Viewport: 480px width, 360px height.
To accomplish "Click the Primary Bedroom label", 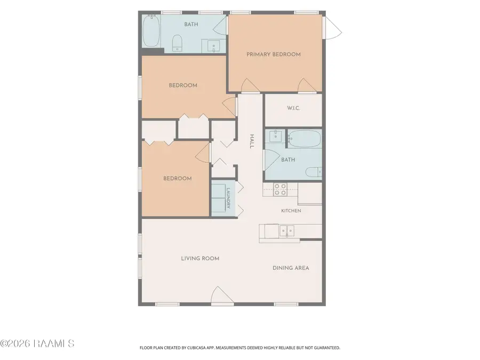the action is tap(274, 54).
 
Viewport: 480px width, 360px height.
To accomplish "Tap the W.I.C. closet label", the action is tap(293, 108).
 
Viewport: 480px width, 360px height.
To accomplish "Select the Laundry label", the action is tap(228, 198).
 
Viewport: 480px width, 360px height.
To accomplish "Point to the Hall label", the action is tap(252, 141).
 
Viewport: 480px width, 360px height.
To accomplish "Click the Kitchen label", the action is tap(291, 211).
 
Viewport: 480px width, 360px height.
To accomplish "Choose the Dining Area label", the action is tap(291, 268).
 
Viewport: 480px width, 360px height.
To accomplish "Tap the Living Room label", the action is tap(200, 258).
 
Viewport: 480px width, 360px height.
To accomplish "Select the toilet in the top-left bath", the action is tap(177, 43).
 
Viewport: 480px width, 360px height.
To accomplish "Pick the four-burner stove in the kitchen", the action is tap(280, 189).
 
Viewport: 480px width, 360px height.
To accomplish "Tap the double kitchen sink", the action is tap(287, 231).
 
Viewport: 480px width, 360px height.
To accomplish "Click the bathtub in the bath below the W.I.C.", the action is tap(305, 139).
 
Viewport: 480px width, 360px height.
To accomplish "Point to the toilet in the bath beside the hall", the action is tap(314, 172).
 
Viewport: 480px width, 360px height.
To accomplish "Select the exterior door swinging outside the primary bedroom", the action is tap(333, 28).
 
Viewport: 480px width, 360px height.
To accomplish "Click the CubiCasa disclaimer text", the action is tap(239, 348).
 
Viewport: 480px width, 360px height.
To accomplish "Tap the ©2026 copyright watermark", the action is tap(37, 343).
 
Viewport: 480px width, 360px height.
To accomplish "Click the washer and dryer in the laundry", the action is tap(218, 198).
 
